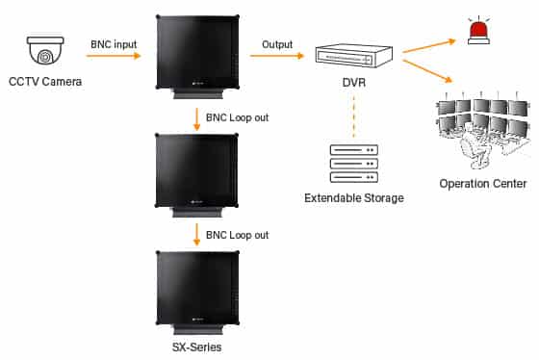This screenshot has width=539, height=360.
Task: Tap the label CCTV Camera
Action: pyautogui.click(x=45, y=81)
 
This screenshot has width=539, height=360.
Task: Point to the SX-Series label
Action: pyautogui.click(x=197, y=346)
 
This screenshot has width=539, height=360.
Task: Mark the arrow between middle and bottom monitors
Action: pyautogui.click(x=197, y=233)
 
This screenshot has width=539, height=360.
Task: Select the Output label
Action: pyautogui.click(x=278, y=45)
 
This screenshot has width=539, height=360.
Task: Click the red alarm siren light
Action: pyautogui.click(x=476, y=31)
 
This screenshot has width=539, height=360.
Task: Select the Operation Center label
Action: pyautogui.click(x=482, y=184)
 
